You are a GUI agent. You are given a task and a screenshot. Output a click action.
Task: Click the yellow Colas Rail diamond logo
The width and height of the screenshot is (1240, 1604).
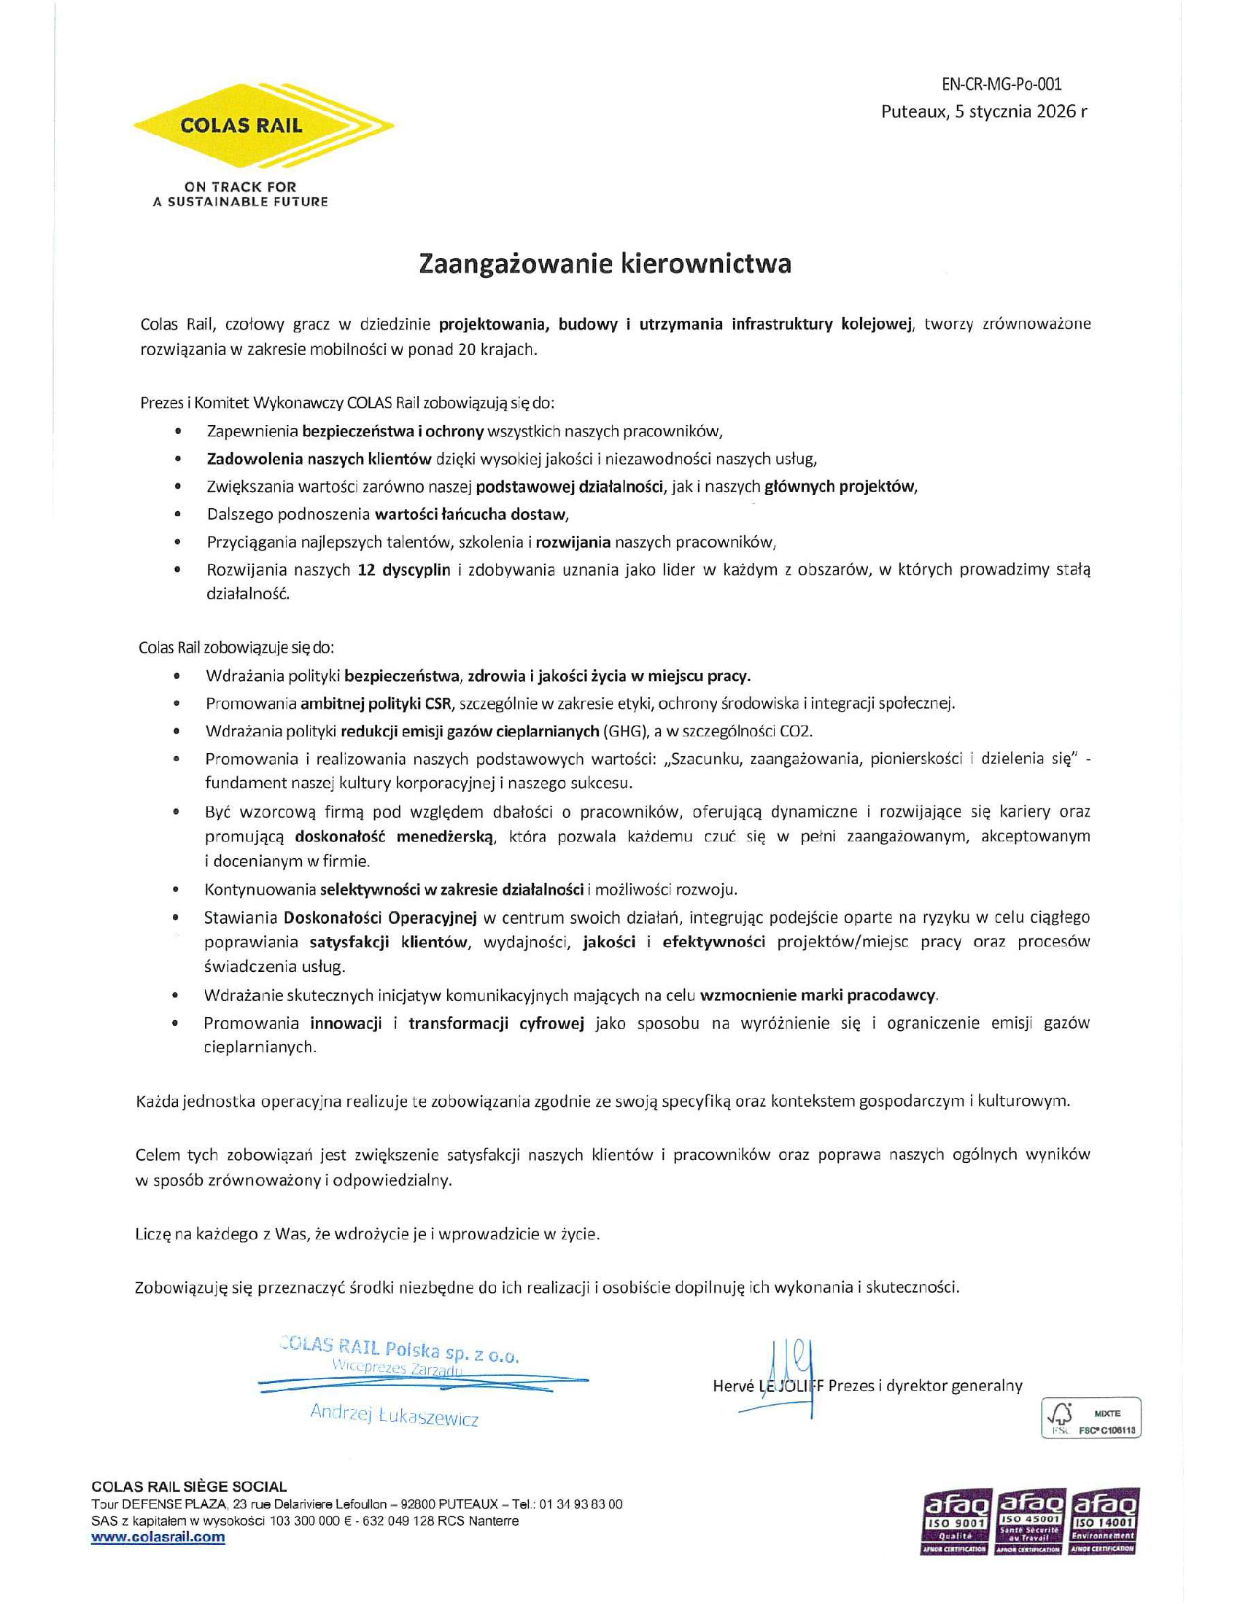click(263, 125)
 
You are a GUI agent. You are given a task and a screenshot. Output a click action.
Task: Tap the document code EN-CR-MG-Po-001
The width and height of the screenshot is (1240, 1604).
click(1001, 85)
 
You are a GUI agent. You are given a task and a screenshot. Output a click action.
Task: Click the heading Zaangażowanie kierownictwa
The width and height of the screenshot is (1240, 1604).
click(605, 264)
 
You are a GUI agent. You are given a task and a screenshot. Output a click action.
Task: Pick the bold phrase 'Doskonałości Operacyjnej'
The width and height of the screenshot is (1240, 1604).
click(381, 917)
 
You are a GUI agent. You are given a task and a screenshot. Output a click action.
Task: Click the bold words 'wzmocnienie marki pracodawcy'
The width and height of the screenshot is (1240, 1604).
click(818, 996)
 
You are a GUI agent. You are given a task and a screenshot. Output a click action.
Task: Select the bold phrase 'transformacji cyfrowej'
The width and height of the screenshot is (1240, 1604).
click(496, 1023)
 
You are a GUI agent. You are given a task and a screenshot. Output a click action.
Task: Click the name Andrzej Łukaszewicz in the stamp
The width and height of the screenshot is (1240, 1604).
click(394, 1414)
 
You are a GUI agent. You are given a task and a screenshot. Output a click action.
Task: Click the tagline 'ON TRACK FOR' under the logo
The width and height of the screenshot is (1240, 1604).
click(240, 187)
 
